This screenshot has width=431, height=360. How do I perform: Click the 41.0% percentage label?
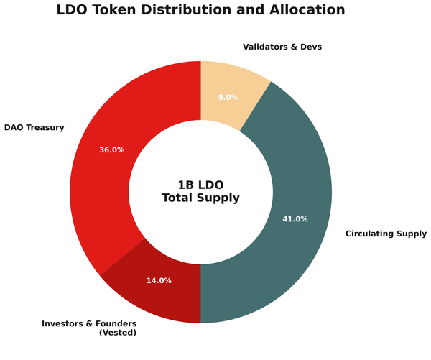pyautogui.click(x=295, y=219)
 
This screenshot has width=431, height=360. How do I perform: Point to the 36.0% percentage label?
pyautogui.click(x=111, y=150)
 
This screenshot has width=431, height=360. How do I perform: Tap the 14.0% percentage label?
pyautogui.click(x=159, y=281)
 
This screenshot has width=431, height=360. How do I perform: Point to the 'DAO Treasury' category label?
pyautogui.click(x=34, y=128)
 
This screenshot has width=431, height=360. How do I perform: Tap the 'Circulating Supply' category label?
pyautogui.click(x=386, y=234)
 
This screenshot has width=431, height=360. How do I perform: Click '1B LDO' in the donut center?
pyautogui.click(x=200, y=184)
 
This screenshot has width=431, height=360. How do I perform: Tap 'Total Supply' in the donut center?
pyautogui.click(x=200, y=198)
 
